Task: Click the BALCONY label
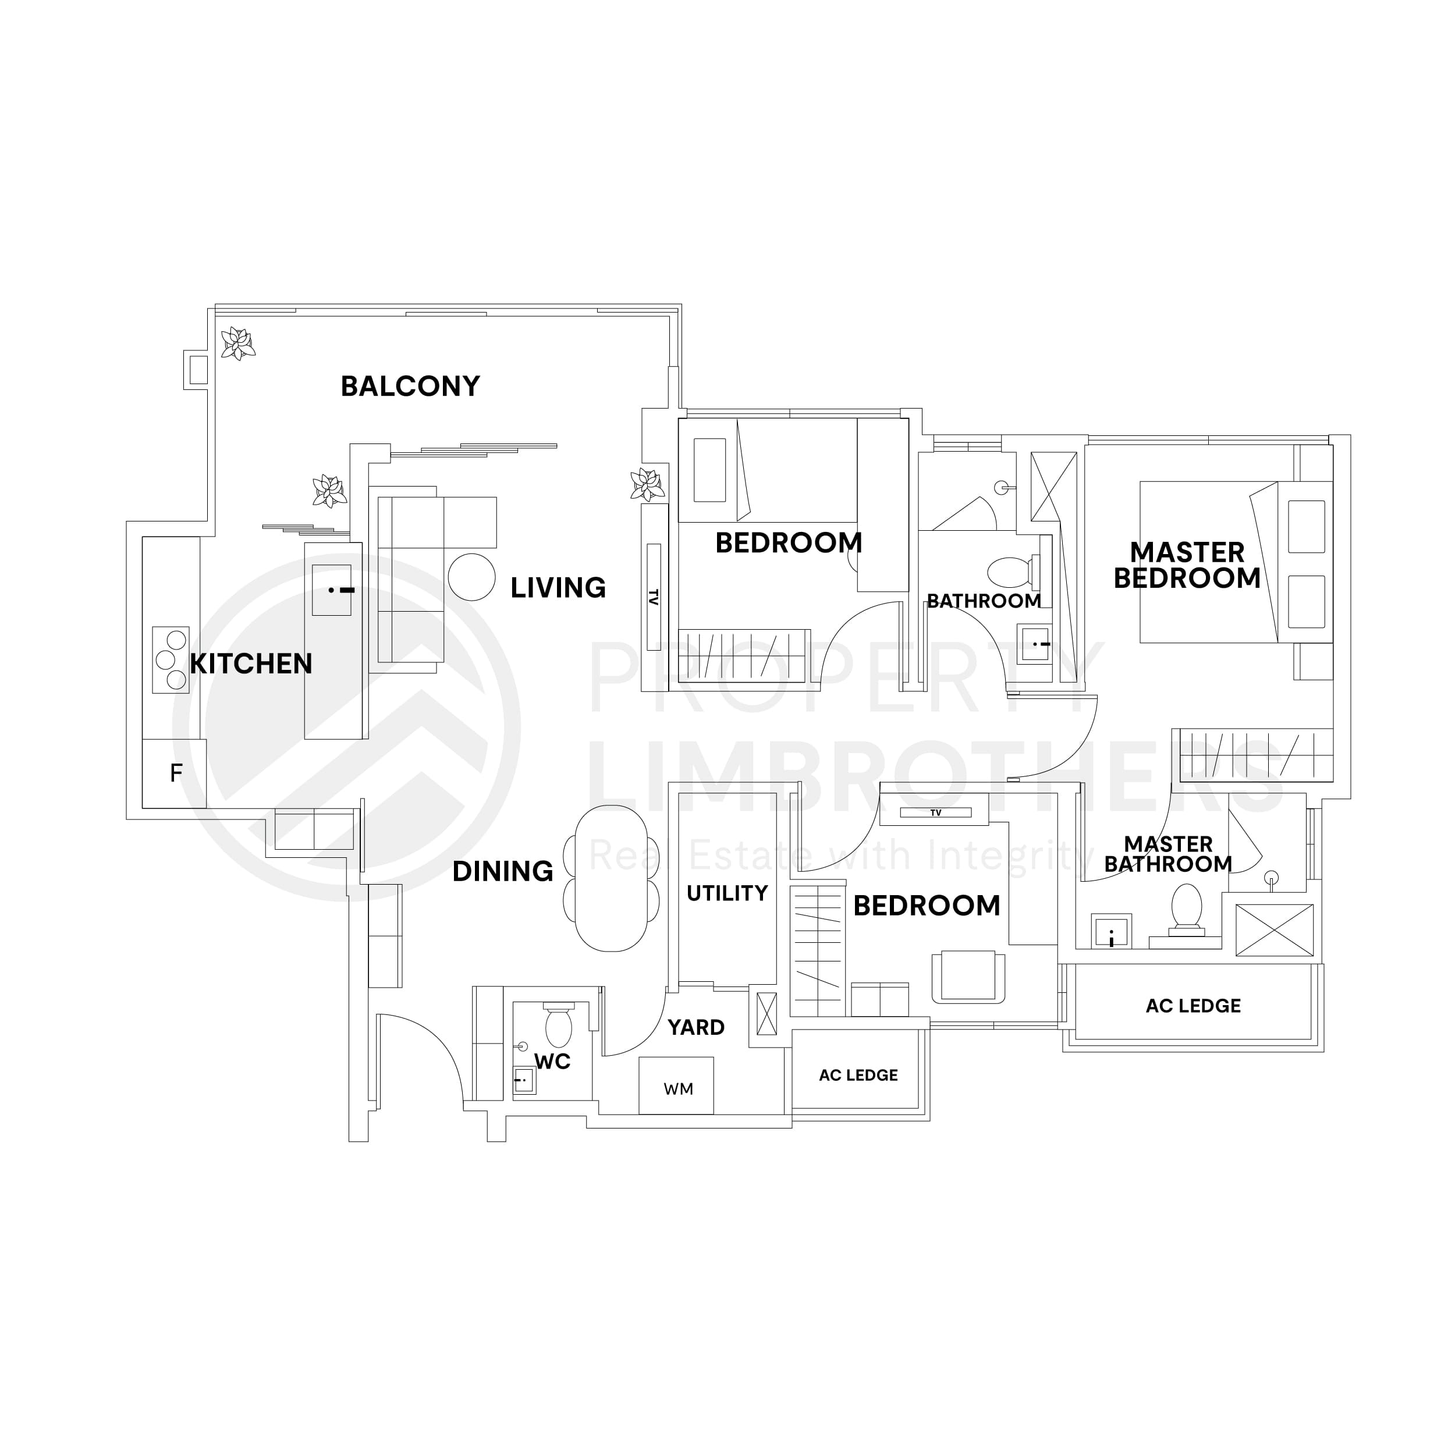click(410, 386)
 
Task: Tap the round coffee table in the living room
click(471, 577)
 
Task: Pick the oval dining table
click(612, 878)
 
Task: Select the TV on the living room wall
click(653, 597)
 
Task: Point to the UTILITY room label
click(727, 893)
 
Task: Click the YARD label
click(696, 1027)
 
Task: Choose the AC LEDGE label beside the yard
click(858, 1075)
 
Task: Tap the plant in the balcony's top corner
click(238, 343)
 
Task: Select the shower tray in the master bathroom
click(1273, 930)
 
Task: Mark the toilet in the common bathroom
click(1009, 572)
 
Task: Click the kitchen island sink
click(331, 590)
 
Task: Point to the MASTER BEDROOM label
click(1186, 565)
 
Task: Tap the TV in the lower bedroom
click(935, 812)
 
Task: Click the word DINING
click(502, 871)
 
